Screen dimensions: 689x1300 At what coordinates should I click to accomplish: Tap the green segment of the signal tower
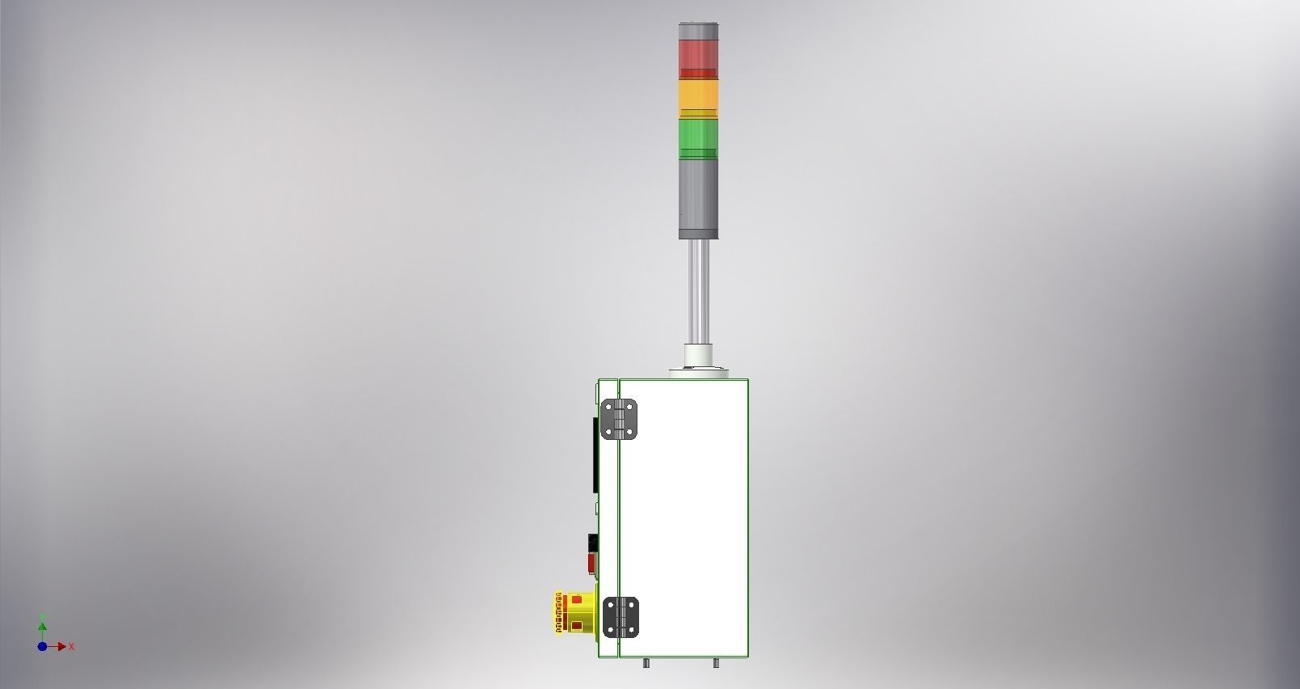(x=698, y=137)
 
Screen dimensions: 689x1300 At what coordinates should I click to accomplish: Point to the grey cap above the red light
(x=698, y=30)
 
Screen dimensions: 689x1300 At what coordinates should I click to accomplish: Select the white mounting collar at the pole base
(x=698, y=356)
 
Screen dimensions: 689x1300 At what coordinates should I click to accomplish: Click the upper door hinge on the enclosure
(x=620, y=419)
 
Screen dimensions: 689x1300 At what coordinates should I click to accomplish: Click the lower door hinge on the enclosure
(x=620, y=617)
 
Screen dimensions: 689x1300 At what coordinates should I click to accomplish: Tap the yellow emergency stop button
(x=575, y=612)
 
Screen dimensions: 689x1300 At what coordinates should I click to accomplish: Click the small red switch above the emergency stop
(x=591, y=560)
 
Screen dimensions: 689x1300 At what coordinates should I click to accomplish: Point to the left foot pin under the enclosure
(x=646, y=663)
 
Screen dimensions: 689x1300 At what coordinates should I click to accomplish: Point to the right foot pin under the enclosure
(x=716, y=663)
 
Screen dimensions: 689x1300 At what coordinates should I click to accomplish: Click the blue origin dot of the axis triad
(x=42, y=646)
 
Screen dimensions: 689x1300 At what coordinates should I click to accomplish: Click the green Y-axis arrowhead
(x=42, y=625)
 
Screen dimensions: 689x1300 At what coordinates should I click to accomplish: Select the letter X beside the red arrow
(x=72, y=646)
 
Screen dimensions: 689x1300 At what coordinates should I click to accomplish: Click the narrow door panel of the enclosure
(x=608, y=518)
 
